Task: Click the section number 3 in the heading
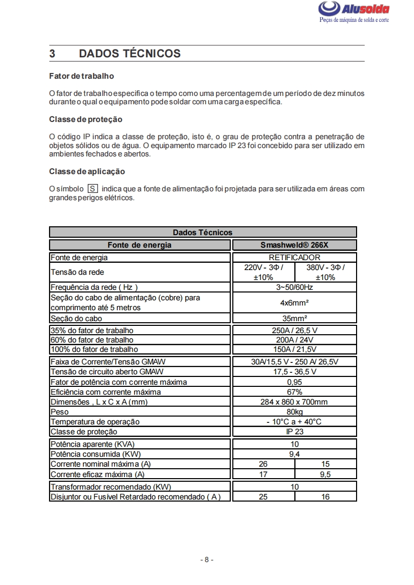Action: [x=52, y=54]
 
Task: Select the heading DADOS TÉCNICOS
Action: [x=130, y=54]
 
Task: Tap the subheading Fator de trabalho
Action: [x=81, y=76]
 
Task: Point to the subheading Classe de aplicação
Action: [x=87, y=171]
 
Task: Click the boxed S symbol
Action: [x=93, y=189]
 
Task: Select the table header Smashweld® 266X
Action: [x=294, y=245]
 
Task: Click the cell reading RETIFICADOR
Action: [x=294, y=258]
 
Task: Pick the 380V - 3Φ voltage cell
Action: [x=325, y=272]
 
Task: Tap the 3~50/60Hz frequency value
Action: [x=294, y=287]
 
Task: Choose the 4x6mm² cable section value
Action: [x=294, y=302]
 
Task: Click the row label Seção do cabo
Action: [x=76, y=318]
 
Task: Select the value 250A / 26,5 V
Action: [x=294, y=331]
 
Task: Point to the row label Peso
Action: [x=60, y=412]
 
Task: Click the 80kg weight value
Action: [x=294, y=412]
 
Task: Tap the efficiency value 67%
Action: [x=294, y=392]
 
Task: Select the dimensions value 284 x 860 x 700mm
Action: [x=294, y=402]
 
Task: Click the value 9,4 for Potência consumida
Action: [x=294, y=454]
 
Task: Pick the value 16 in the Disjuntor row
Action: [x=325, y=497]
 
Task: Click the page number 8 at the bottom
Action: [x=207, y=560]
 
